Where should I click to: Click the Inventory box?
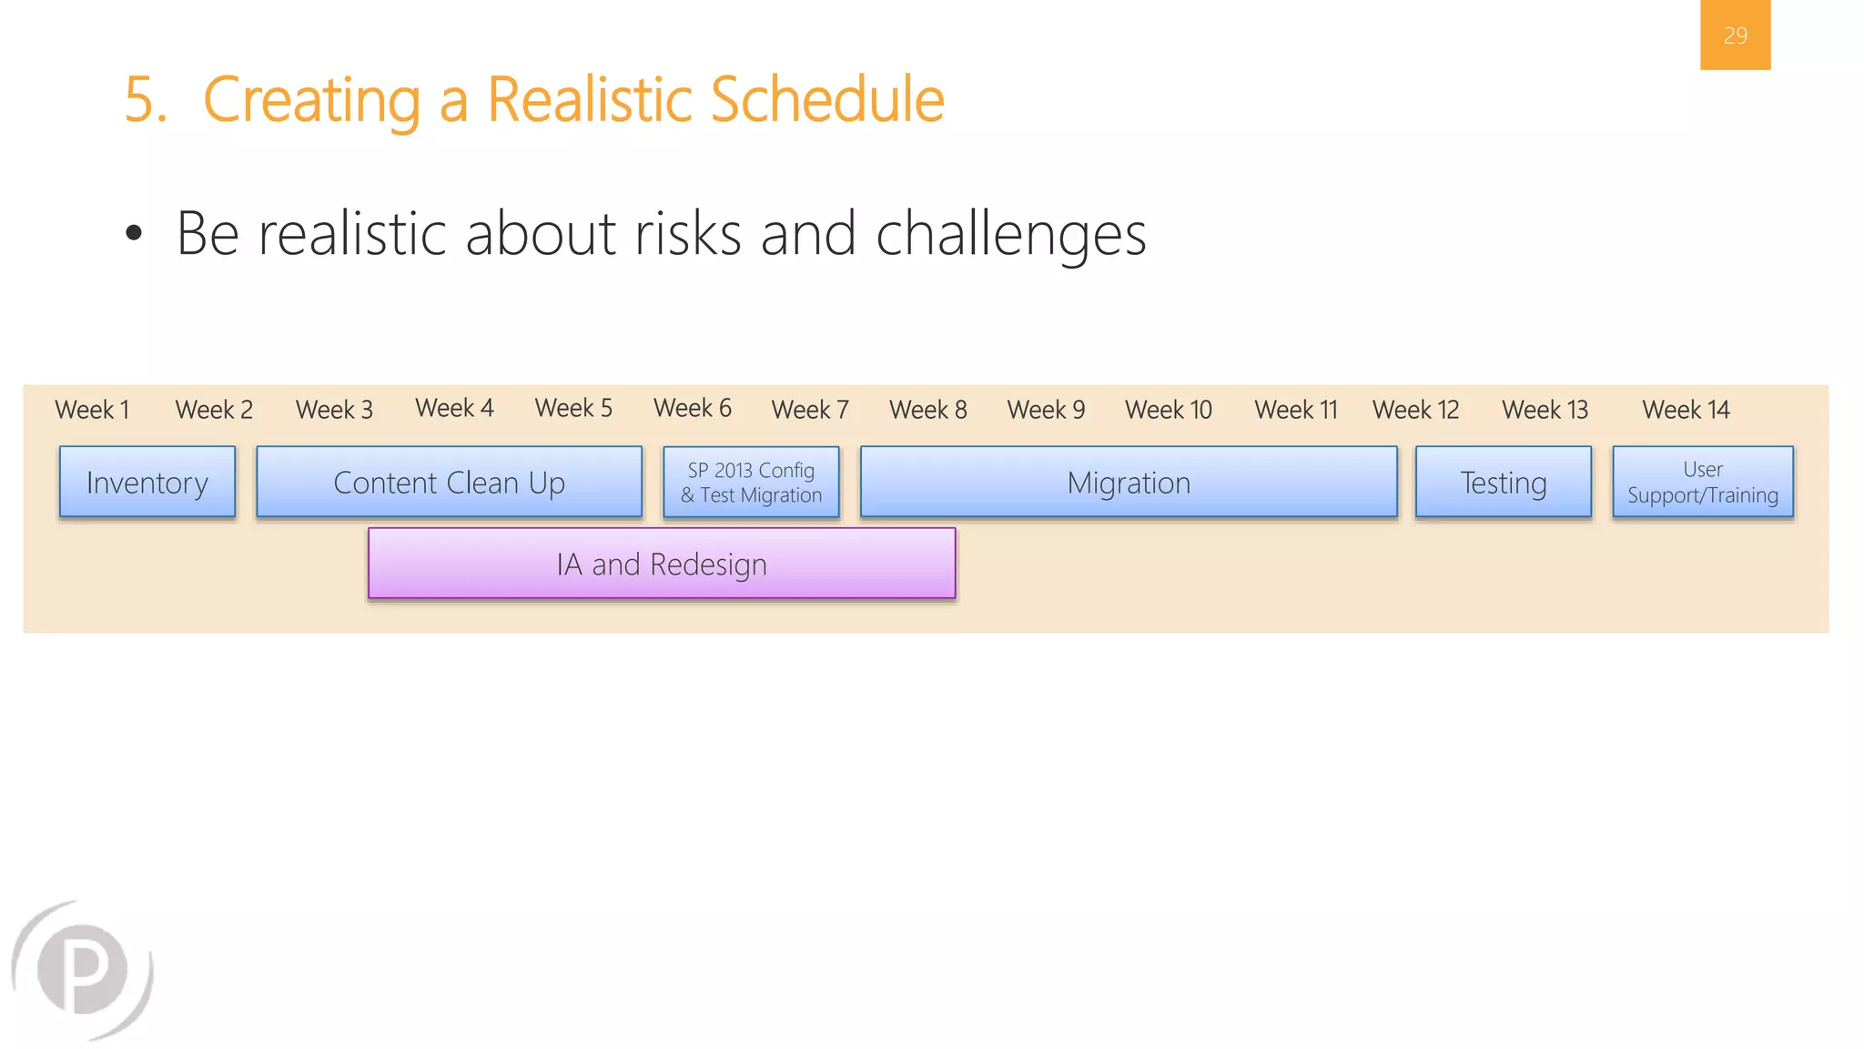click(147, 482)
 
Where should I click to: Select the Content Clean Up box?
click(449, 482)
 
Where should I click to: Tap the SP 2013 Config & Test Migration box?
click(751, 483)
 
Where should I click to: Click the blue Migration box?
click(1129, 482)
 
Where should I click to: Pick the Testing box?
click(1503, 482)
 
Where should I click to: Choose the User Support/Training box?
click(1702, 482)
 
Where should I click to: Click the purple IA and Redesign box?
click(662, 564)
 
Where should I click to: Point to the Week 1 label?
click(92, 410)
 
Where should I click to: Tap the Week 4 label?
click(454, 408)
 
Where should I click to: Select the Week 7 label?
click(810, 410)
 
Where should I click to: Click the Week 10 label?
click(1169, 410)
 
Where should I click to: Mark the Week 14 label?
click(1686, 410)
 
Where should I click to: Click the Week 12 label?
click(1415, 410)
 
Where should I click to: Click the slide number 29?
click(1735, 36)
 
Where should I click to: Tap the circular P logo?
click(84, 970)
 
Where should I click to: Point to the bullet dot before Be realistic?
click(134, 233)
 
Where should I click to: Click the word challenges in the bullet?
click(1010, 235)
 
